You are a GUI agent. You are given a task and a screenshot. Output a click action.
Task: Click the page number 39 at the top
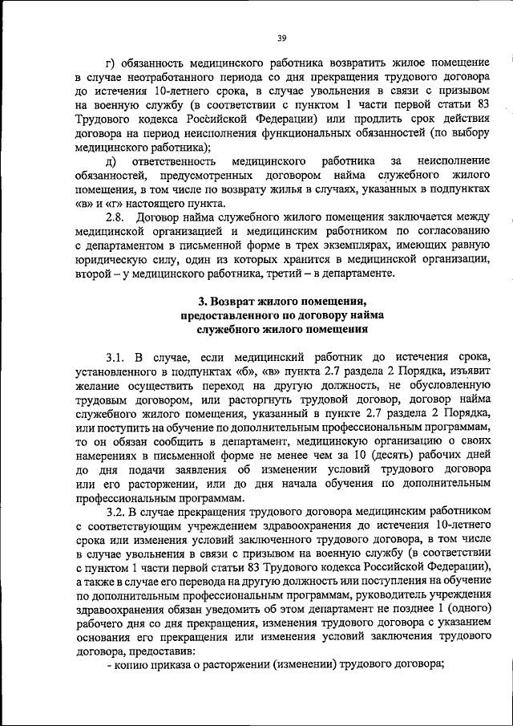[x=281, y=35]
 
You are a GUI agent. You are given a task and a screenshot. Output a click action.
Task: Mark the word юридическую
[x=109, y=262]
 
